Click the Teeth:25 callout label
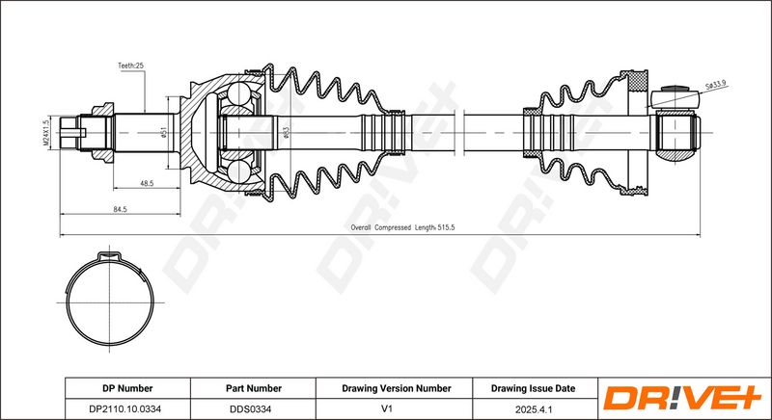click(130, 66)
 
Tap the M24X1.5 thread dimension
click(46, 132)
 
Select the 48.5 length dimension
click(147, 183)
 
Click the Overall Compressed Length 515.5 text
click(402, 227)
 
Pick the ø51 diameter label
click(164, 133)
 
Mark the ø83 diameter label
click(287, 132)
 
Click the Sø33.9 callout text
click(716, 87)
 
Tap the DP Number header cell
click(127, 388)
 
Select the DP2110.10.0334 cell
click(127, 408)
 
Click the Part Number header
click(254, 388)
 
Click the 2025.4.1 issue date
click(533, 408)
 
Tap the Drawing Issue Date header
click(533, 388)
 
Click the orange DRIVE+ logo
click(682, 398)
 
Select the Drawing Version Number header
click(397, 388)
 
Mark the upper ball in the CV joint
click(239, 93)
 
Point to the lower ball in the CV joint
click(239, 171)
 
